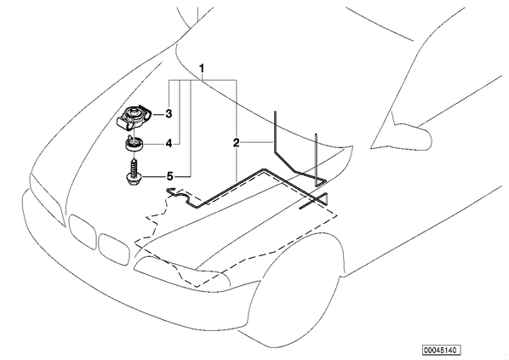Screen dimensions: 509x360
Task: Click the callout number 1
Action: point(202,68)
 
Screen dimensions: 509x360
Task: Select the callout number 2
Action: point(236,142)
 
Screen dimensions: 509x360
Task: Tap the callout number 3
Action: point(169,114)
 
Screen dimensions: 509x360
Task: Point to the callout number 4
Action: point(169,143)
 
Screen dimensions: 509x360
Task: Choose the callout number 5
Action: point(169,176)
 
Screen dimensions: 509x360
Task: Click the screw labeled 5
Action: point(132,172)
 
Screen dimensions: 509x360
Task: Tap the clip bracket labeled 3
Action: point(133,117)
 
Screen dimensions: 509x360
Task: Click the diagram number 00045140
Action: point(442,350)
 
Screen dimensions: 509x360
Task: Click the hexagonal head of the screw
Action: point(132,180)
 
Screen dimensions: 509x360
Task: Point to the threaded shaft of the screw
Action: point(134,166)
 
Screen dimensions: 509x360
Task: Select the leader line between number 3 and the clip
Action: point(158,114)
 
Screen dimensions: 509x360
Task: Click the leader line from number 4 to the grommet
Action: point(154,143)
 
